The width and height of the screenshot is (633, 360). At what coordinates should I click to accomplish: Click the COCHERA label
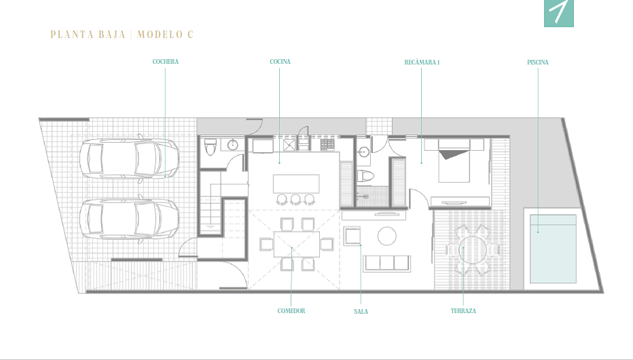166,62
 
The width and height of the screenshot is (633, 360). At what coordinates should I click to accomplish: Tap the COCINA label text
280,62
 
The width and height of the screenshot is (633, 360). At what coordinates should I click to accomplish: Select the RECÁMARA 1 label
422,62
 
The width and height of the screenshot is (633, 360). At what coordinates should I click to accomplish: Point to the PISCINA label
538,62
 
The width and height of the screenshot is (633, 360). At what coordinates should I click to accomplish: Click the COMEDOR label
291,311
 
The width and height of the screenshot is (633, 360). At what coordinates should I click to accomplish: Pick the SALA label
361,312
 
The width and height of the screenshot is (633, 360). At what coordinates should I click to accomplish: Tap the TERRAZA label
463,311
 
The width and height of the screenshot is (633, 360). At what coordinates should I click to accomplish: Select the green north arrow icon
559,13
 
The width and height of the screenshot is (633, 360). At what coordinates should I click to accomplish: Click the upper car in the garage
129,159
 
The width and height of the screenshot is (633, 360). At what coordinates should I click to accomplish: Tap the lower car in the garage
129,219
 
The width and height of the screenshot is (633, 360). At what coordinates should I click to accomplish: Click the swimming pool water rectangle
553,249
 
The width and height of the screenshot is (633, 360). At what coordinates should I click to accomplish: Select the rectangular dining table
296,244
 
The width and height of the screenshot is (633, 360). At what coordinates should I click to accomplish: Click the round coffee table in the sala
386,236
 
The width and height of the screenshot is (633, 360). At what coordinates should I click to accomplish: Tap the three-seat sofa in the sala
386,263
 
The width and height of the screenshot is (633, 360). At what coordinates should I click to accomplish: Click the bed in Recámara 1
454,160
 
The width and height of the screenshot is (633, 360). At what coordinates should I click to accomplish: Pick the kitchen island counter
296,183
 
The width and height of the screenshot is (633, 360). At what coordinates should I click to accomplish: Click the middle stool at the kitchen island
295,199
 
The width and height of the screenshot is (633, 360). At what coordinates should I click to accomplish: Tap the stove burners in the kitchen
327,145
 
